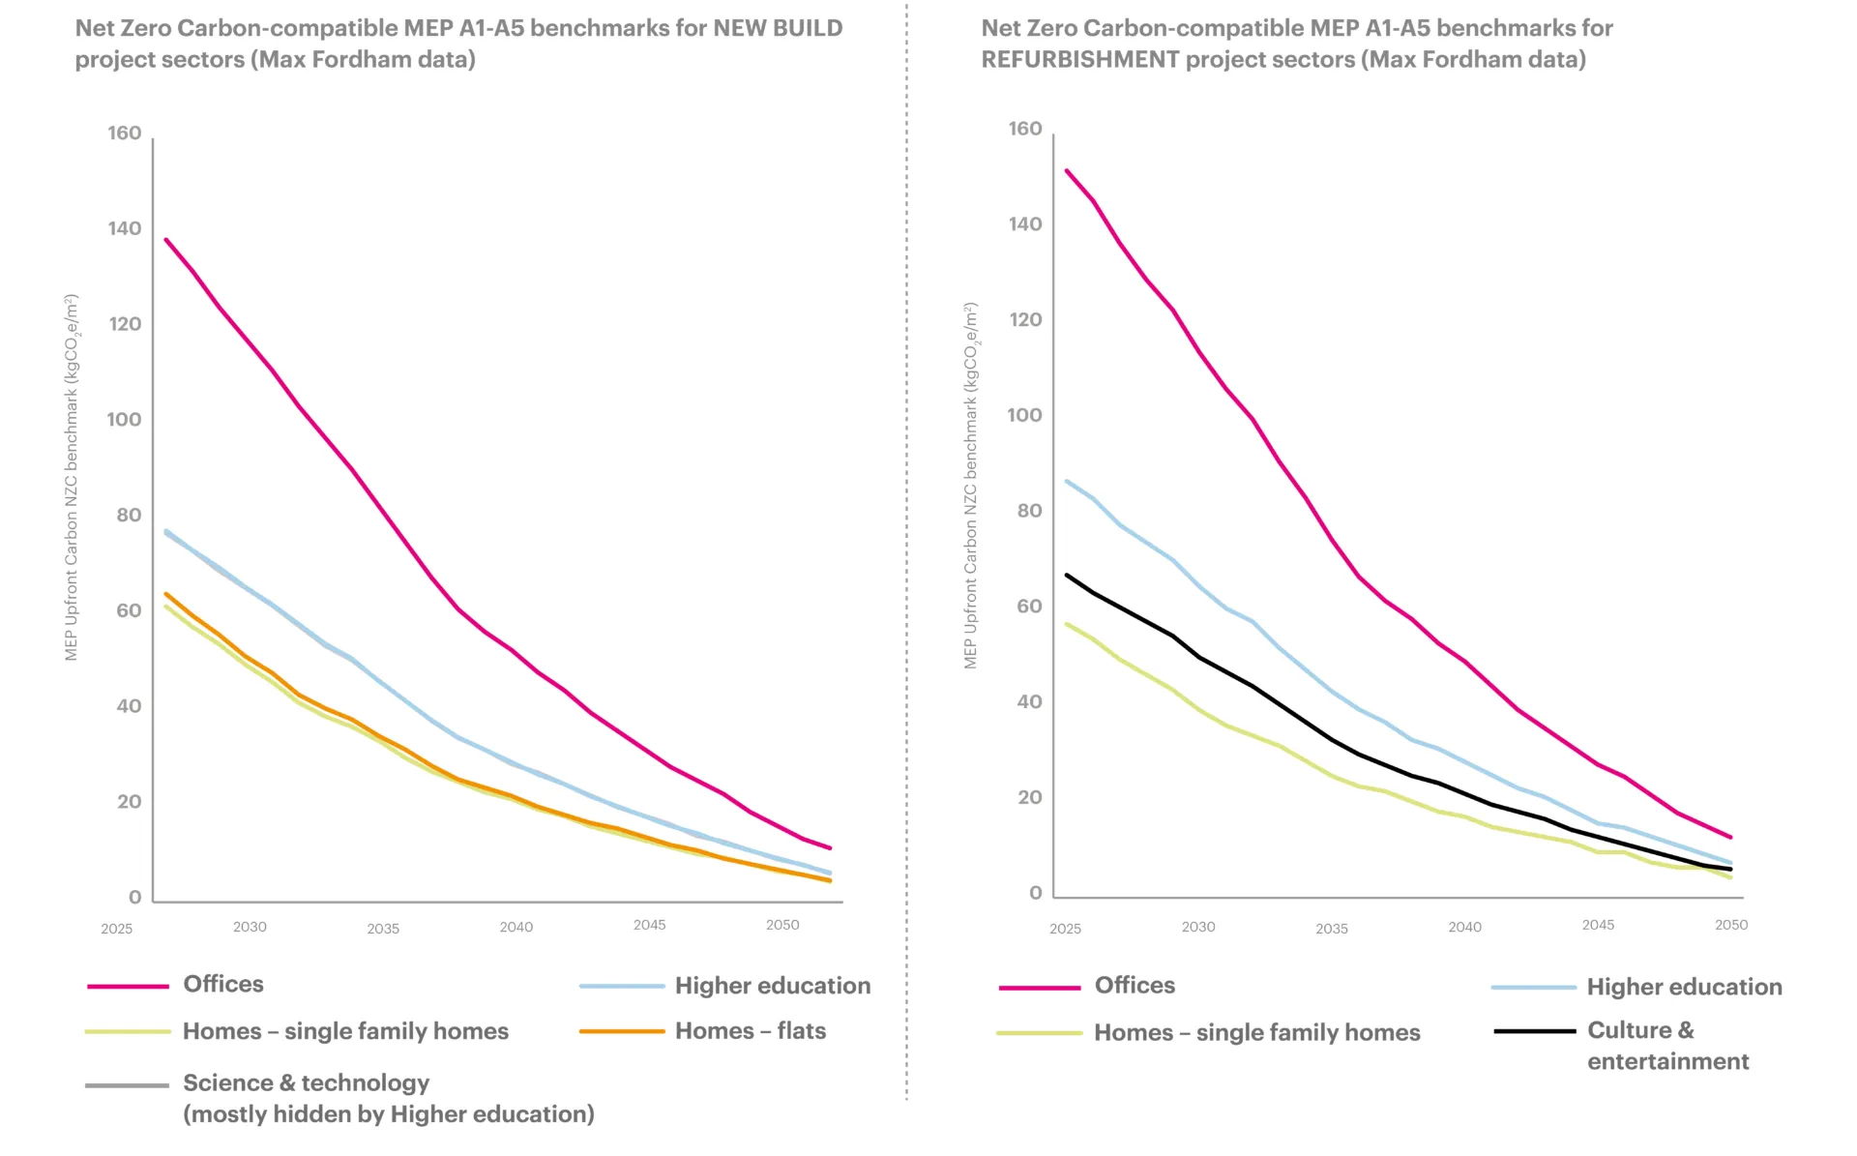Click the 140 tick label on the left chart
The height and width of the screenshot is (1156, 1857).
point(124,228)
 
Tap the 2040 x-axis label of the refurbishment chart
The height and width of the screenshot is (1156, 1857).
point(1464,927)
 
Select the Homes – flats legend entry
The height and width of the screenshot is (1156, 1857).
point(750,1031)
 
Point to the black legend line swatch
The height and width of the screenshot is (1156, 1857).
point(1534,1031)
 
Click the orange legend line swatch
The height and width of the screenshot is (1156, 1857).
point(622,1031)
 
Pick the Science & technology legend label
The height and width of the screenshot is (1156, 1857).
point(306,1083)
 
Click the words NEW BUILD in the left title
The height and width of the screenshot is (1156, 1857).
point(778,28)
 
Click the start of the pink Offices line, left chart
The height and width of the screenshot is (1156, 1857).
point(166,239)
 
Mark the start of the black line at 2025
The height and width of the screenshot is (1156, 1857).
point(1067,575)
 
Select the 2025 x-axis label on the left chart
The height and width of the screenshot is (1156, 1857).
point(116,929)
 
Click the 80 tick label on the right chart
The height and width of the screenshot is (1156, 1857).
point(1029,511)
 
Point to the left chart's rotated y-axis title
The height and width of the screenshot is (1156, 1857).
point(72,478)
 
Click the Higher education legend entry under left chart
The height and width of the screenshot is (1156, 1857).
point(772,986)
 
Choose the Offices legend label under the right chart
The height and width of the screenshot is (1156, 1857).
point(1135,986)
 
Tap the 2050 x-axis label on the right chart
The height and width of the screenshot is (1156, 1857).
point(1730,925)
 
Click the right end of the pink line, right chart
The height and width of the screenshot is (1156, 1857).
point(1730,837)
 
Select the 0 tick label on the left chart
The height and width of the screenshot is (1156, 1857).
point(134,897)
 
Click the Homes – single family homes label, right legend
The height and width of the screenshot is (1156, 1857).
point(1256,1033)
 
